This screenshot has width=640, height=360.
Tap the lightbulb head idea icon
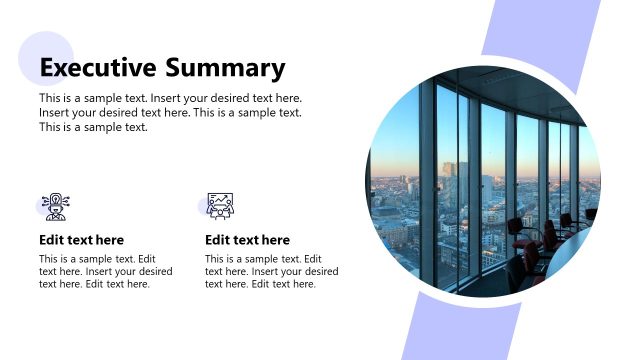[x=55, y=206]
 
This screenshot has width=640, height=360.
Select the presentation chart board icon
[x=220, y=206]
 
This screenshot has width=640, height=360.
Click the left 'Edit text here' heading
[x=81, y=240]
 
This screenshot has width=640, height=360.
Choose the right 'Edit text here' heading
[x=247, y=240]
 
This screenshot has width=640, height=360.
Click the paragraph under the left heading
[x=98, y=271]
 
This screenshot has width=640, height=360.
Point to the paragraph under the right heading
[x=271, y=271]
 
